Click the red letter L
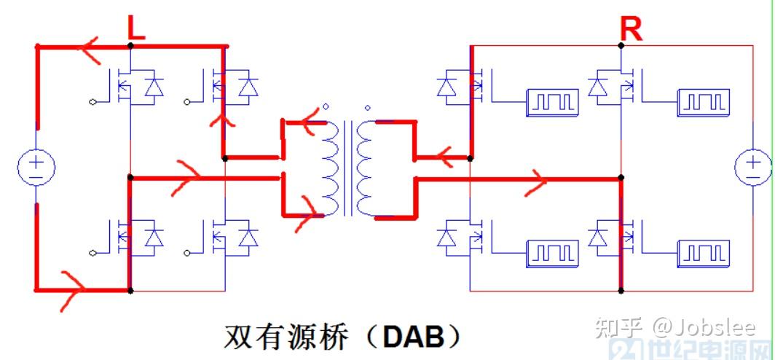(x=135, y=28)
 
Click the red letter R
(x=631, y=29)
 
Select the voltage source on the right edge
(x=752, y=167)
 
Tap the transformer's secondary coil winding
(x=366, y=168)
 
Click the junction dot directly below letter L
(x=130, y=46)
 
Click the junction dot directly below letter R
(x=621, y=45)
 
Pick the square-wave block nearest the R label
(x=702, y=103)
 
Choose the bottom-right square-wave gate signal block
(x=702, y=253)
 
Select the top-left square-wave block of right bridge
(x=552, y=103)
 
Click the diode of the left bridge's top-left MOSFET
(x=154, y=87)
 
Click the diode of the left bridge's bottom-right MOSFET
(x=248, y=238)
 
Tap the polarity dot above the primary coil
(x=326, y=106)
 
